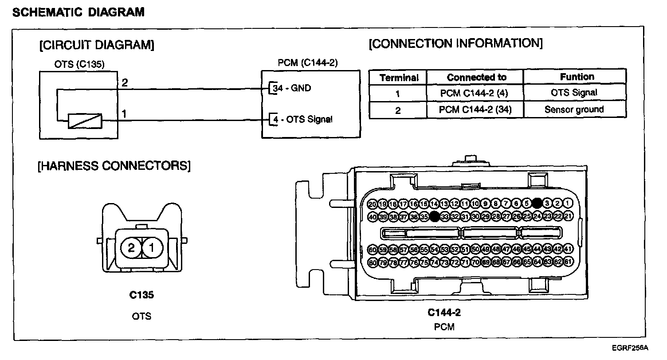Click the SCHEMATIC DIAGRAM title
click(x=78, y=12)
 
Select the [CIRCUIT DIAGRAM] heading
click(x=97, y=45)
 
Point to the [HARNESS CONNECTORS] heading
click(x=114, y=166)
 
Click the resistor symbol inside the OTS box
click(x=85, y=121)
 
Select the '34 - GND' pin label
click(x=292, y=88)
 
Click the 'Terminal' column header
click(x=399, y=78)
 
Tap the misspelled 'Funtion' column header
click(x=577, y=77)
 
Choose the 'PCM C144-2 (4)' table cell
click(x=475, y=93)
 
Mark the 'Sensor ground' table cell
click(x=574, y=110)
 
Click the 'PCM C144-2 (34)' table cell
click(x=475, y=110)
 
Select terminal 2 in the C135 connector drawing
click(x=131, y=248)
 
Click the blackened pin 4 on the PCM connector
click(x=537, y=203)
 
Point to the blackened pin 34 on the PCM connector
click(x=434, y=216)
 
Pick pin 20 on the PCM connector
click(x=373, y=204)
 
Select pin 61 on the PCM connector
click(x=569, y=262)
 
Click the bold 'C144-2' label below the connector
click(x=444, y=313)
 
